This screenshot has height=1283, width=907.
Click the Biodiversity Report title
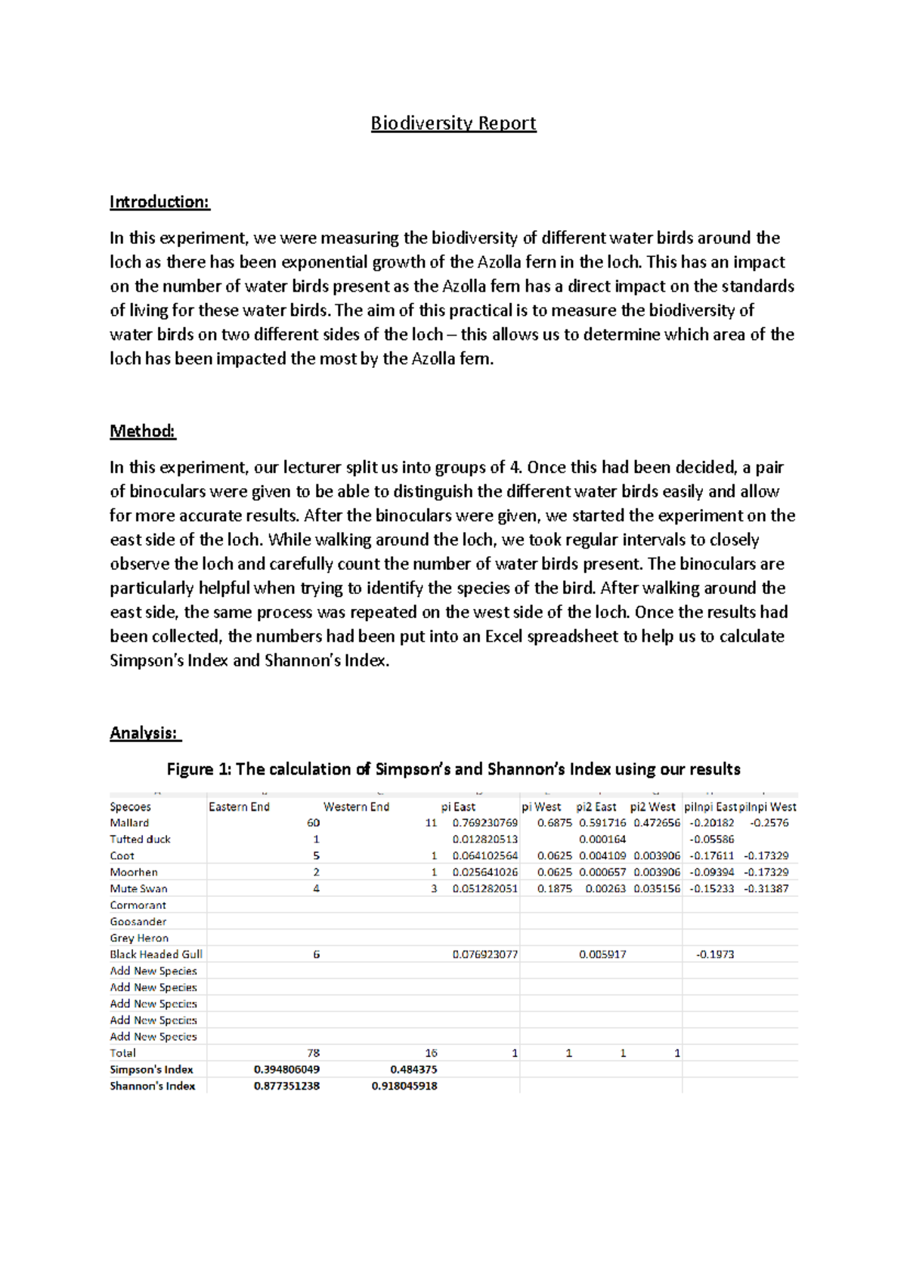453,123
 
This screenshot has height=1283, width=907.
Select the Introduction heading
159,202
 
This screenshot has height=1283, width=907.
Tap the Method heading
142,431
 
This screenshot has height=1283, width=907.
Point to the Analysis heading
144,733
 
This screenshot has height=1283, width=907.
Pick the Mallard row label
129,823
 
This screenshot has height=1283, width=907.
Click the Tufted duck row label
140,839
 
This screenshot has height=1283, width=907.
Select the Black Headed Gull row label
156,954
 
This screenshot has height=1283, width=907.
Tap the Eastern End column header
239,807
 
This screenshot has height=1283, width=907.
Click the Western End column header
356,807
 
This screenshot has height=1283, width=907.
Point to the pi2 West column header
652,807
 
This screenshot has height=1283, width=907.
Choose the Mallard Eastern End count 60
313,823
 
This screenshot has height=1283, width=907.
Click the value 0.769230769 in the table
485,823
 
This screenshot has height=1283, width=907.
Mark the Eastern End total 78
313,1053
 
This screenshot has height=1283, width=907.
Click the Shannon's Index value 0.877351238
286,1087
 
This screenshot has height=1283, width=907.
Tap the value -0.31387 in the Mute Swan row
766,889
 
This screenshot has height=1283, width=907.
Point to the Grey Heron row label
139,938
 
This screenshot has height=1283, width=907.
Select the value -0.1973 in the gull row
714,954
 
